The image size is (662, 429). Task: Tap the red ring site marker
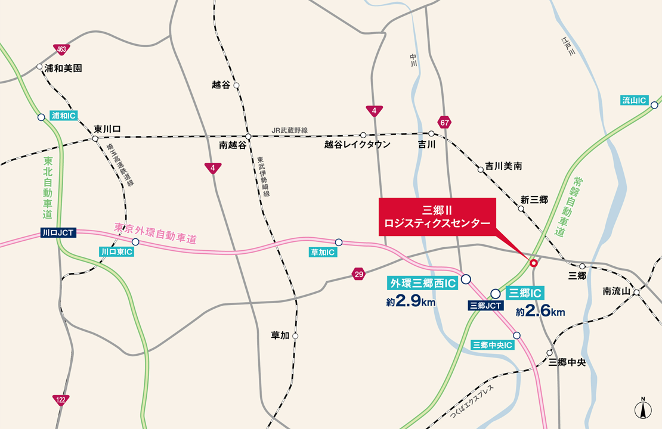pos(533,262)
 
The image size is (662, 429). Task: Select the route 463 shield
pos(60,48)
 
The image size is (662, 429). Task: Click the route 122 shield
pos(60,399)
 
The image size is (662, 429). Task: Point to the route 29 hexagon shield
pos(358,274)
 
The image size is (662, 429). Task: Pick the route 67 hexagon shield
pos(444,122)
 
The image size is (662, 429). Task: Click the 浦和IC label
pos(64,116)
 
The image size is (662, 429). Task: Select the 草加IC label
pos(323,253)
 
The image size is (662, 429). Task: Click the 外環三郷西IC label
pos(422,283)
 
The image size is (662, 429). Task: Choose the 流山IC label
pos(634,101)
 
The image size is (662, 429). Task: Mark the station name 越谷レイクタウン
pos(357,145)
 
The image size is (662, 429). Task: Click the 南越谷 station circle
pos(248,136)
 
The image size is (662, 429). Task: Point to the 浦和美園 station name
pos(63,69)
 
